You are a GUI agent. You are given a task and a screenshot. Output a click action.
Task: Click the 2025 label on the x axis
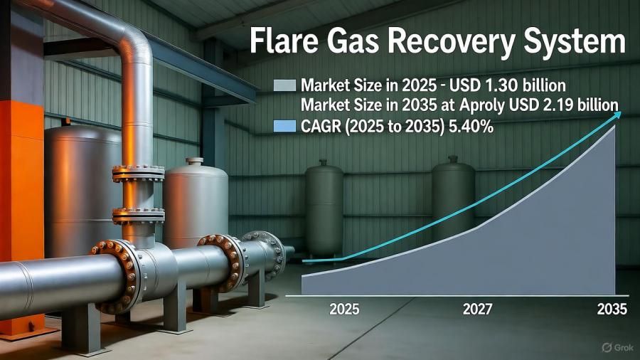(x=343, y=309)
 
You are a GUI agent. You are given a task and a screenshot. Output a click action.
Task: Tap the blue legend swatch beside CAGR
(x=284, y=126)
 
